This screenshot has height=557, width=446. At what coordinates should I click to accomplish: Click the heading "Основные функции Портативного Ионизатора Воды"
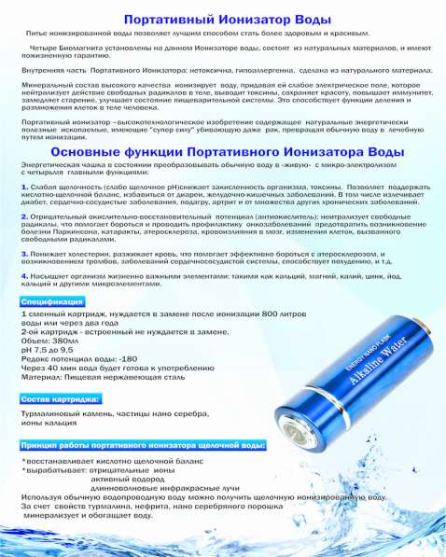tap(223, 151)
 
